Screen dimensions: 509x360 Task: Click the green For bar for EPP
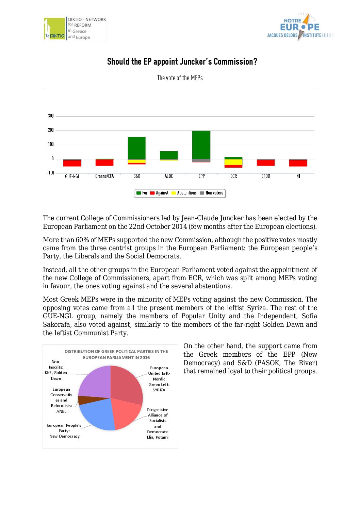click(x=201, y=145)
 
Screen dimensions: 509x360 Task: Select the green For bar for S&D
click(x=137, y=148)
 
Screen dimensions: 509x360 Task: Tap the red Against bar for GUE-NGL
click(x=72, y=163)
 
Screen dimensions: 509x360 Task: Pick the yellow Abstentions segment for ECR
click(x=233, y=162)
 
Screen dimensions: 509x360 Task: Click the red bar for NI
click(x=298, y=163)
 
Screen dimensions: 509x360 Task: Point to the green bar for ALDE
click(x=169, y=155)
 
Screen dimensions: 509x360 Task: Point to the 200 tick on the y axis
click(x=51, y=130)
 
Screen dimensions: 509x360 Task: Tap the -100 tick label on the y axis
click(x=50, y=173)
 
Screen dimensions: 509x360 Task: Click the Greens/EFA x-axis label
click(x=104, y=176)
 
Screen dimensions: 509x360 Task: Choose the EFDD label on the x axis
click(x=266, y=176)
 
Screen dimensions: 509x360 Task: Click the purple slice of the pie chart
click(x=94, y=381)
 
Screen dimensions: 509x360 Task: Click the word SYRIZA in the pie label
click(x=159, y=390)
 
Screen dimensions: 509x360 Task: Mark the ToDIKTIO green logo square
click(x=54, y=29)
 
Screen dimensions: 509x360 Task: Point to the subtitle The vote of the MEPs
click(x=180, y=78)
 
